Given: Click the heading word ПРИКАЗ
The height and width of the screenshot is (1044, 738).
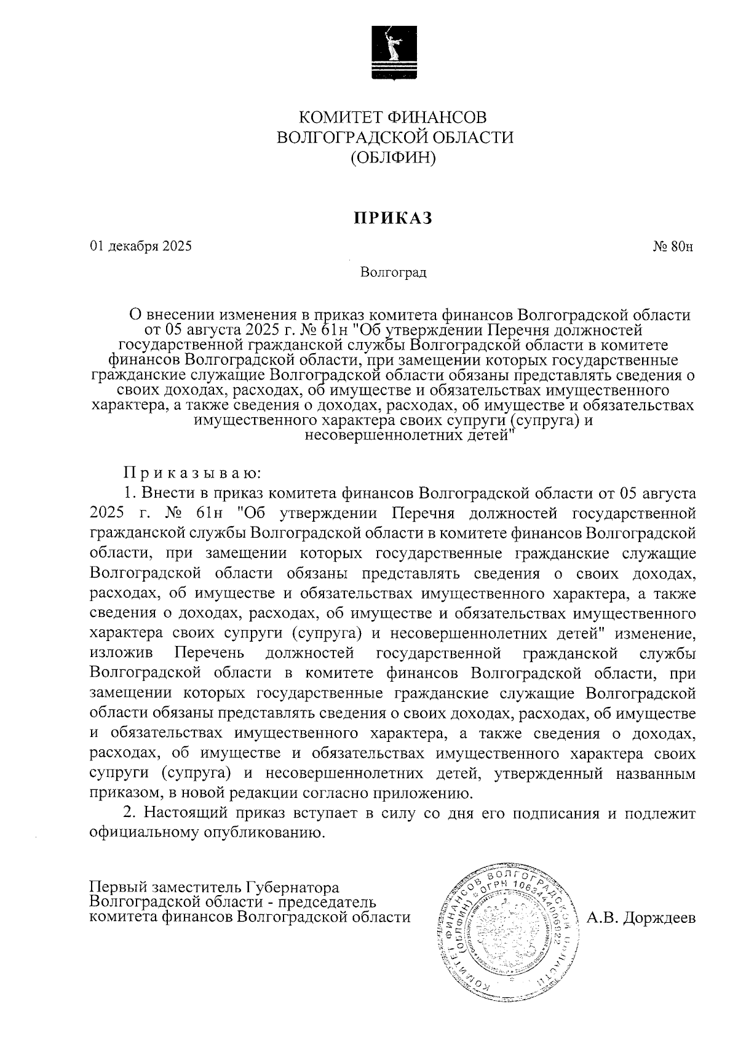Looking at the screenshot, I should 392,218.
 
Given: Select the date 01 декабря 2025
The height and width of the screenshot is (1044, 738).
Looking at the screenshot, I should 141,247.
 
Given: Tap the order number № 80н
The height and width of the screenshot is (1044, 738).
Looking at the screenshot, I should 673,247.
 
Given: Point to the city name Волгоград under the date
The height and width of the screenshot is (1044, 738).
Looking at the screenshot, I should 394,272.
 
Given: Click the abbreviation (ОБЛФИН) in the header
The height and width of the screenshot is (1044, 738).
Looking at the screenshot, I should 393,158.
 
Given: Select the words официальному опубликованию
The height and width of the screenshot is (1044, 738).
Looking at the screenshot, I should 207,834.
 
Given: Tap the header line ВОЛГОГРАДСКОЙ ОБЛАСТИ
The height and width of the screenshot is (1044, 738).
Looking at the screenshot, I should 394,137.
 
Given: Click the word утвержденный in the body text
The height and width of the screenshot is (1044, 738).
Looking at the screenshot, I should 528,773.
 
